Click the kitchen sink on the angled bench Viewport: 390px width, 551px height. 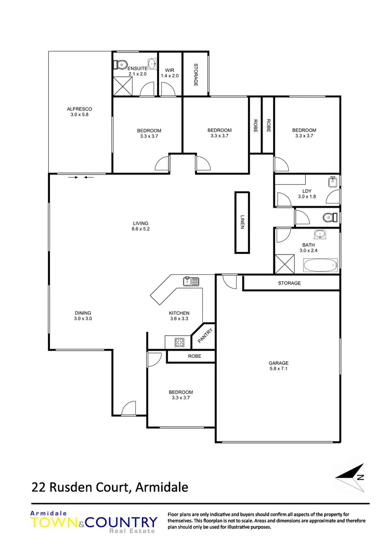[x=190, y=282]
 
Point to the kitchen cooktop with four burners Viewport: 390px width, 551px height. [x=179, y=342]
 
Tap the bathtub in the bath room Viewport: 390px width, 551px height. [x=320, y=266]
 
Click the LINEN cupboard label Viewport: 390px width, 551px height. [x=242, y=222]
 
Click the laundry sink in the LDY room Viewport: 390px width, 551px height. [x=333, y=183]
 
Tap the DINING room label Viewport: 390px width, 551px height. [x=83, y=313]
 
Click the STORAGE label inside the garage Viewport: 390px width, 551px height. [x=289, y=283]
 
